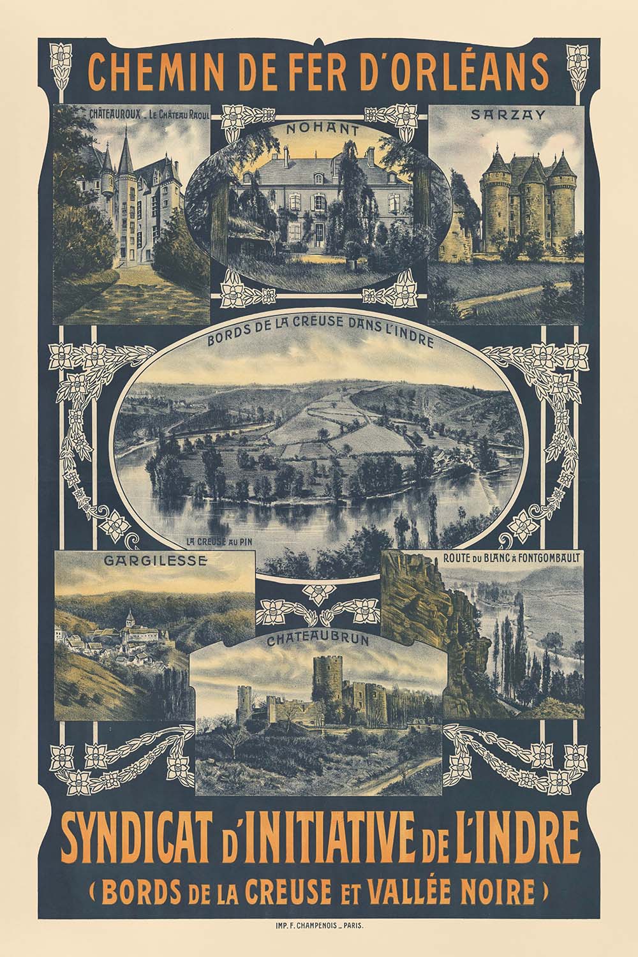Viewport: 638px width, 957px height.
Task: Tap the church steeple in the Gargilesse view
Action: click(130, 617)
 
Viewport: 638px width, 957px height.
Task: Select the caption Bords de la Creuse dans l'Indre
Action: click(320, 341)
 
